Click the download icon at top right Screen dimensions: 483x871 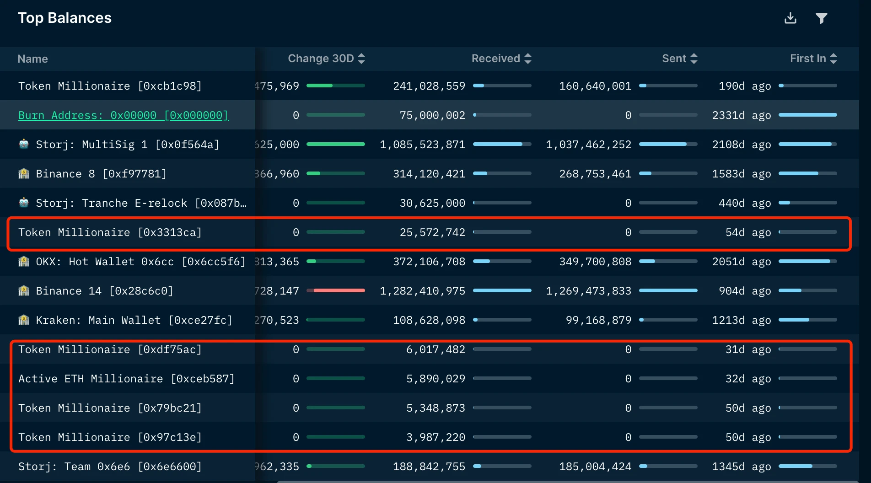click(x=790, y=18)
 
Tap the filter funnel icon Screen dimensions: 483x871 click(x=821, y=18)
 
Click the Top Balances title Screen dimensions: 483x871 click(x=65, y=18)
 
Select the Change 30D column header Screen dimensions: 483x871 click(x=321, y=59)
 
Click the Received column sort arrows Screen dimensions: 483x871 click(x=528, y=59)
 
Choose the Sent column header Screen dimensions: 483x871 click(x=674, y=59)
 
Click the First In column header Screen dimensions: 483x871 click(x=808, y=59)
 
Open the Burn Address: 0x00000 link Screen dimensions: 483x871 click(x=123, y=115)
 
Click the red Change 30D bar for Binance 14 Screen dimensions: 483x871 click(x=339, y=290)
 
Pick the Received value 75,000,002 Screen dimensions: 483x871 click(x=432, y=115)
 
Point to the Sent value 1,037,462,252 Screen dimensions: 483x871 click(x=588, y=145)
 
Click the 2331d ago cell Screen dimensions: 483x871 click(x=741, y=115)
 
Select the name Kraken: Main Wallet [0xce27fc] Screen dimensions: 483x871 click(x=134, y=320)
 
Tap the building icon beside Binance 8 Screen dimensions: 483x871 click(x=24, y=174)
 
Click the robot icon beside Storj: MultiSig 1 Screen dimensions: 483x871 click(x=24, y=145)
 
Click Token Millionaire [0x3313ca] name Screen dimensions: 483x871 click(x=110, y=232)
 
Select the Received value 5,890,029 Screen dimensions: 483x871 click(x=435, y=379)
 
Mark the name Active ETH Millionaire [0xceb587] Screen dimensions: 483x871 click(x=126, y=379)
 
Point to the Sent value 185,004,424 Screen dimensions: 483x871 click(x=595, y=467)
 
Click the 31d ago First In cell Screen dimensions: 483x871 click(x=748, y=349)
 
